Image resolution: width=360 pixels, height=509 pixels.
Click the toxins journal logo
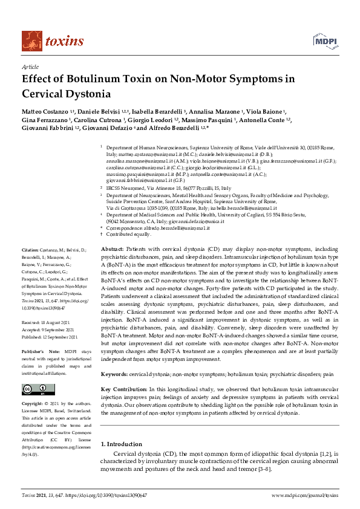click(53, 41)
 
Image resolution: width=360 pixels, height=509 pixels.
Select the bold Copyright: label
click(34, 403)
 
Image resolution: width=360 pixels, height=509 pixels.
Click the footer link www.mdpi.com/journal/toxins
click(305, 495)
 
